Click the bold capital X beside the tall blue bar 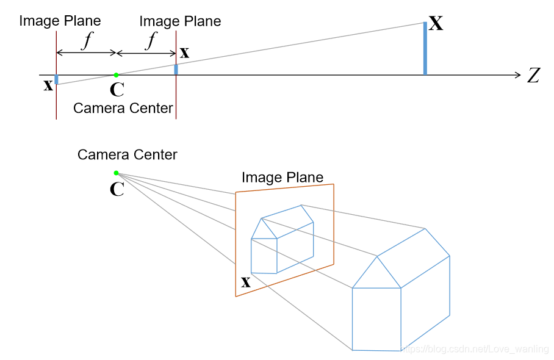point(436,24)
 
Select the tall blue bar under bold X point(425,49)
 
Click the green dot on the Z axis point(116,75)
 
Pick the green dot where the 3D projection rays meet point(116,173)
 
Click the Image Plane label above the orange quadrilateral point(282,178)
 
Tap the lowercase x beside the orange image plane point(245,282)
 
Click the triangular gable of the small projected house point(264,230)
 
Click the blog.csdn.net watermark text point(474,348)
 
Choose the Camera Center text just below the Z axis point(123,108)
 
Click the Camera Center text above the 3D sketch point(127,154)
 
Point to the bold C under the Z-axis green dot point(117,90)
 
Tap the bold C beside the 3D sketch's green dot point(117,189)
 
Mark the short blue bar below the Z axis point(56,79)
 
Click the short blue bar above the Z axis point(176,69)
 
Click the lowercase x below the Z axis point(48,85)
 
